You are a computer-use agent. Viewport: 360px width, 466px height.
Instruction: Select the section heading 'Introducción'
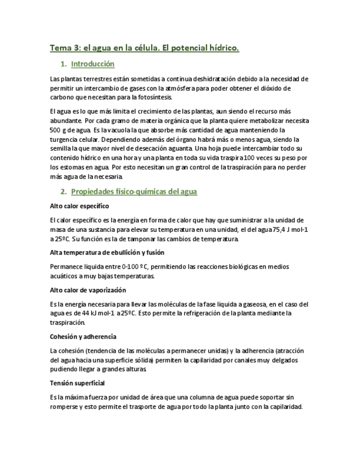[x=92, y=64]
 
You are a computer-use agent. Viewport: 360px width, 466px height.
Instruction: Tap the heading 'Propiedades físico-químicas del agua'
[x=134, y=192]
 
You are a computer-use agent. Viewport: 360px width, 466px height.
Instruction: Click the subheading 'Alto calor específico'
[x=79, y=206]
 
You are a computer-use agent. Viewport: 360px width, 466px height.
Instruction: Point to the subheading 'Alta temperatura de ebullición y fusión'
[x=107, y=253]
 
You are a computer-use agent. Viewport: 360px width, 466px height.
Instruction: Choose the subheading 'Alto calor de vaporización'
[x=87, y=290]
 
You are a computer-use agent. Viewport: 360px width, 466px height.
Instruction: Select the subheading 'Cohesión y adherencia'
[x=82, y=336]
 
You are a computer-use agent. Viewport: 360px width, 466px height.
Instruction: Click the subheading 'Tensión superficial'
[x=77, y=383]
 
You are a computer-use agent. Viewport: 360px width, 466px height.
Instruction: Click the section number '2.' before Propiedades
[x=63, y=192]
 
